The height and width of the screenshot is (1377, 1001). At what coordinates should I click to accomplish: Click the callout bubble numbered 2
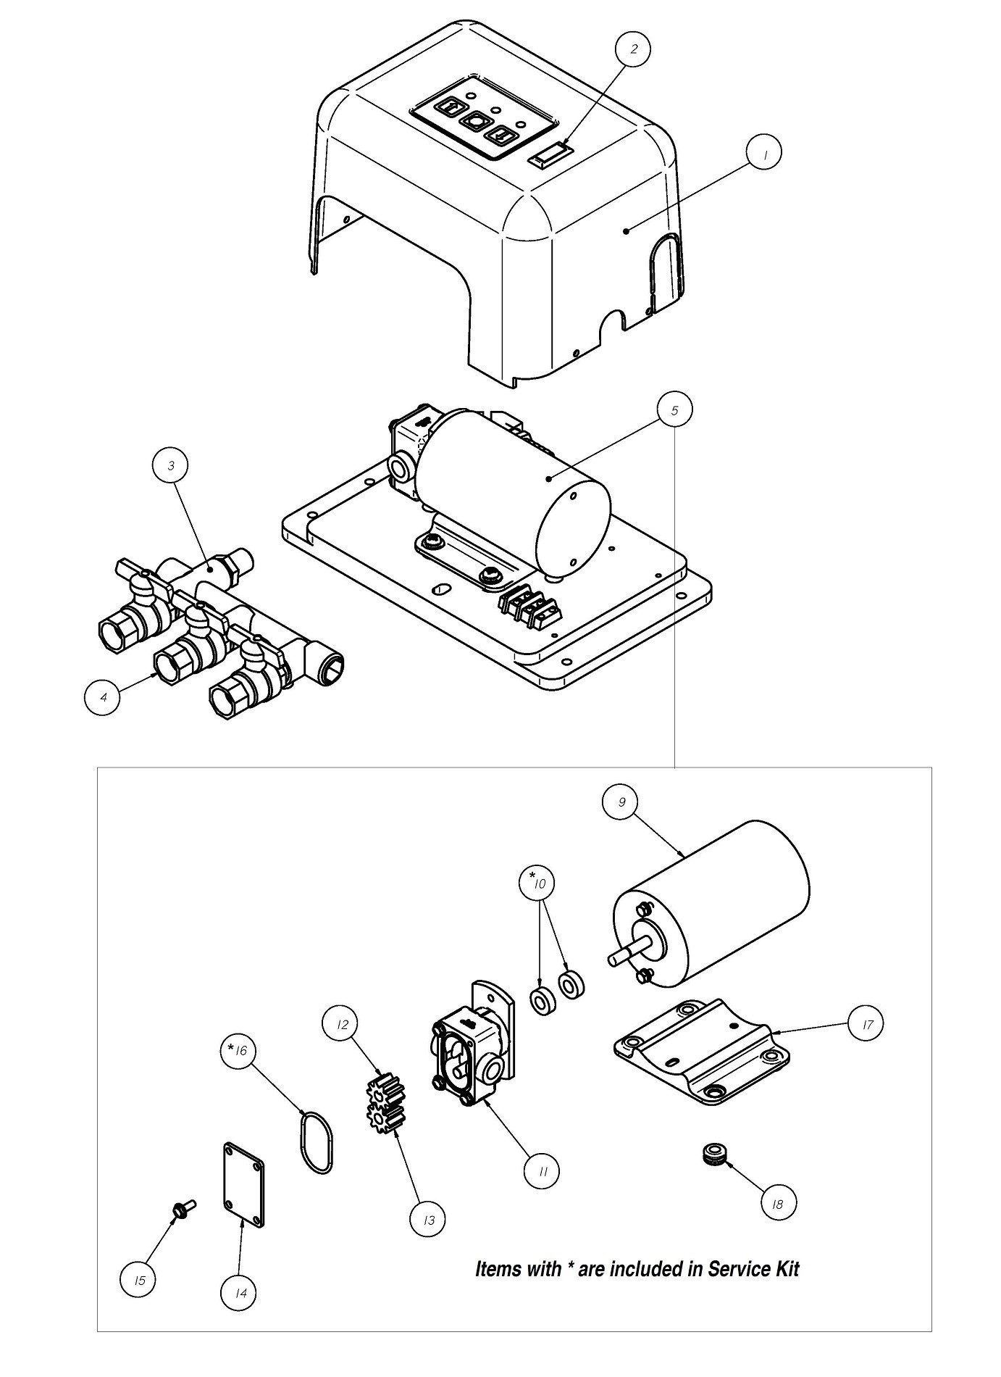tap(633, 49)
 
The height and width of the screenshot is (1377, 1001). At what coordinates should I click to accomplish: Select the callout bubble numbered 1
tap(764, 153)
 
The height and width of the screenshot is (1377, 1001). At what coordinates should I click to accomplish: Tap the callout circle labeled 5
tap(674, 410)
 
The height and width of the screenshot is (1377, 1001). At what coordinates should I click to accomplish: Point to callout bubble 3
tap(171, 465)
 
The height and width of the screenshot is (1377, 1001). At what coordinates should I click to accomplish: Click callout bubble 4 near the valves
tap(103, 696)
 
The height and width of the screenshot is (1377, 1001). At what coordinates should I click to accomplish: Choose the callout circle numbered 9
tap(621, 802)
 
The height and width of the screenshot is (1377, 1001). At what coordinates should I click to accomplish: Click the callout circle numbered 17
tap(866, 1024)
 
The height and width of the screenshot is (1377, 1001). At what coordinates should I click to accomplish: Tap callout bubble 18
tap(777, 1203)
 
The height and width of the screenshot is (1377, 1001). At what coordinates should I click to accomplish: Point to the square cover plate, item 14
tap(243, 1184)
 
